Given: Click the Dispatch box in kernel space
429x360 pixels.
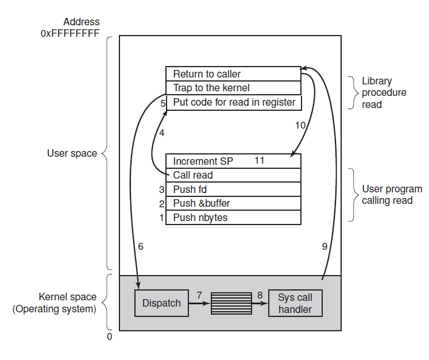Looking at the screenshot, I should pyautogui.click(x=161, y=303).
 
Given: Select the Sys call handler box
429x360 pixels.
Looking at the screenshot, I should pyautogui.click(x=295, y=303).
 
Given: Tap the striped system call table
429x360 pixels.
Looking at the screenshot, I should pyautogui.click(x=231, y=303).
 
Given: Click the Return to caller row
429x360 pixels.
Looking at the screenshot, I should pyautogui.click(x=233, y=74).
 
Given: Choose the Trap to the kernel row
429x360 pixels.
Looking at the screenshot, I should pyautogui.click(x=233, y=88).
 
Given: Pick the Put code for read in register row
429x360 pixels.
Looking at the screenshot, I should pyautogui.click(x=233, y=103).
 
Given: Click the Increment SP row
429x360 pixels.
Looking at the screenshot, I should pyautogui.click(x=233, y=161).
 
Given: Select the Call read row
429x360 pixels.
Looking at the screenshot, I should pyautogui.click(x=233, y=175).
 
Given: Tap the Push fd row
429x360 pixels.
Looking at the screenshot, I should pyautogui.click(x=233, y=189).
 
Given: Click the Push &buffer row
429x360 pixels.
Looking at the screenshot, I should pyautogui.click(x=233, y=203).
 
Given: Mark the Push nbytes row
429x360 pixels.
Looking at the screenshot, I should pyautogui.click(x=233, y=218).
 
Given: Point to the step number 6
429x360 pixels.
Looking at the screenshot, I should pyautogui.click(x=141, y=246).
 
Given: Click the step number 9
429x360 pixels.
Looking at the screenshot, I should pyautogui.click(x=324, y=246).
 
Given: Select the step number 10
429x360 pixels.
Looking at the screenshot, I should pyautogui.click(x=300, y=125).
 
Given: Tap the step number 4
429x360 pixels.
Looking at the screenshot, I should pyautogui.click(x=161, y=133).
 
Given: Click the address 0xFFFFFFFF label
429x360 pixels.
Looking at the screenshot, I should pyautogui.click(x=70, y=28).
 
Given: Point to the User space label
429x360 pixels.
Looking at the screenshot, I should pyautogui.click(x=72, y=153).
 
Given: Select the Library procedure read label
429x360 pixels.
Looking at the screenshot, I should pyautogui.click(x=384, y=93).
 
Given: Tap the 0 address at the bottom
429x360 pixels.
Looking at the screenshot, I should pyautogui.click(x=109, y=337).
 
